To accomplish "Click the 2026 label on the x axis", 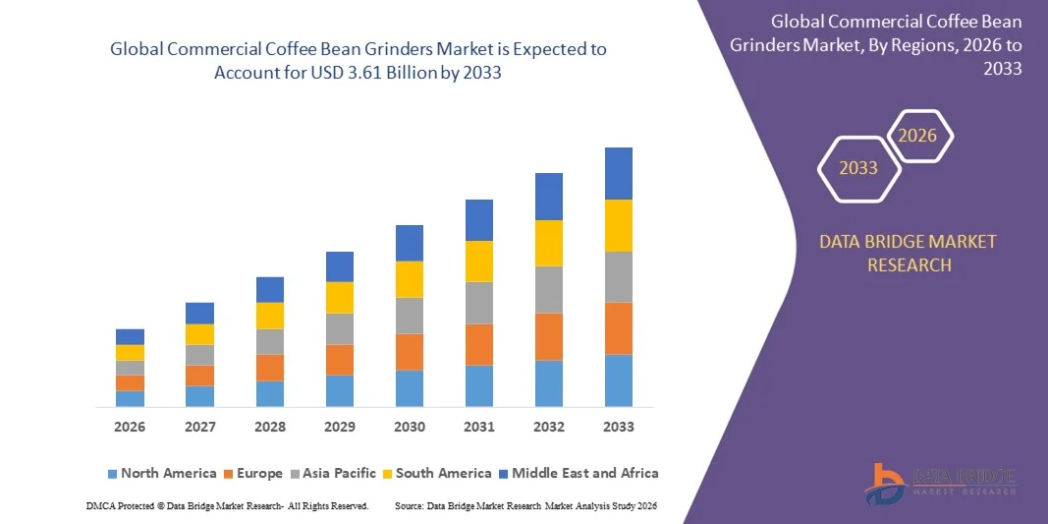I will click(x=130, y=427).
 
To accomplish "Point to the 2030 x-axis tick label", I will click(x=410, y=427).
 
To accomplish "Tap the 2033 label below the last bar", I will click(x=619, y=427).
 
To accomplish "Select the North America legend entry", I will click(x=161, y=473).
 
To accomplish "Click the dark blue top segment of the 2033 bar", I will click(x=619, y=173).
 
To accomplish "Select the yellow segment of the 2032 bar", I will click(x=549, y=243).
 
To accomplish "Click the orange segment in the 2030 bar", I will click(x=410, y=351).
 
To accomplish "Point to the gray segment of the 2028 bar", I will click(x=270, y=341).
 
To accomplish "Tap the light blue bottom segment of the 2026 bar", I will click(x=130, y=398).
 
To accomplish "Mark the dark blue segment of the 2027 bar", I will click(x=199, y=313).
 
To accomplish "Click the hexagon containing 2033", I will click(x=858, y=168).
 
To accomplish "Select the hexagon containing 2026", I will click(x=918, y=135).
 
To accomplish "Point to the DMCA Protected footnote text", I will click(x=227, y=505).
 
